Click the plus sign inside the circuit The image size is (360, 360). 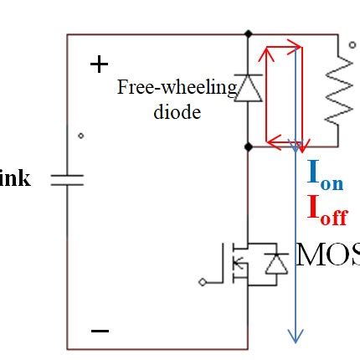[x=99, y=64]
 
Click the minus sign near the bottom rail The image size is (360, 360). [x=100, y=331]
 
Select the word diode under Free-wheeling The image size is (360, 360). [x=177, y=111]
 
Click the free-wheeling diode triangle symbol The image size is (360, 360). [x=248, y=88]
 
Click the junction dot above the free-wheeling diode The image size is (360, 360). [x=248, y=34]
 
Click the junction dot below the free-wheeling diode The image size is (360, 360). [x=248, y=146]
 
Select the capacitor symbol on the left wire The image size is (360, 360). [x=68, y=179]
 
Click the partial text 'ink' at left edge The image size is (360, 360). [x=17, y=178]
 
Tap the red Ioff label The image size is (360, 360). [x=327, y=209]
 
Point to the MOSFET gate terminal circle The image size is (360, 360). [x=202, y=282]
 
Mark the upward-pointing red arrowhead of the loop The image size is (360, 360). [x=266, y=55]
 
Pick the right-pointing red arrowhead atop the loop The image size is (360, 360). [x=296, y=49]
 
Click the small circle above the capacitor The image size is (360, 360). [x=80, y=136]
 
